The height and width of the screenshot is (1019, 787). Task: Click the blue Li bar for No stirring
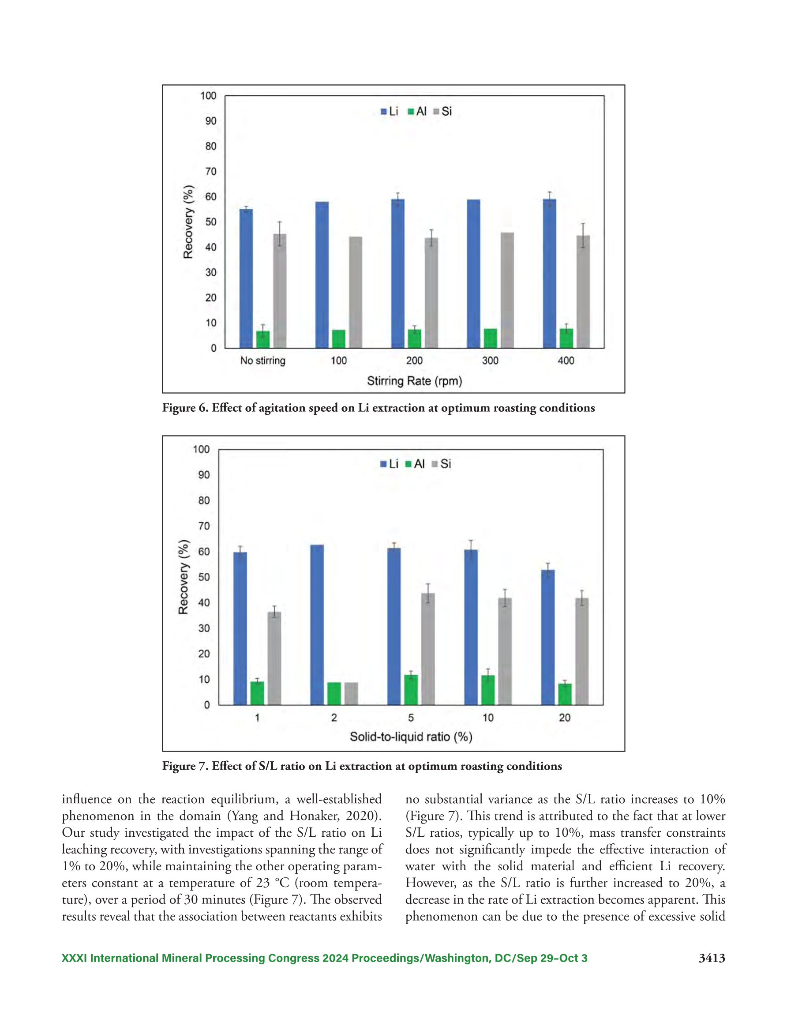(246, 278)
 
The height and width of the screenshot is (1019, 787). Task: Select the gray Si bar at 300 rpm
(507, 290)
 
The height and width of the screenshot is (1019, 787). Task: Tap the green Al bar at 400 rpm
(566, 338)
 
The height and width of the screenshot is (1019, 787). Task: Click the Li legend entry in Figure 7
(389, 464)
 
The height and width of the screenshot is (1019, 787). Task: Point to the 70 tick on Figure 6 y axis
(211, 171)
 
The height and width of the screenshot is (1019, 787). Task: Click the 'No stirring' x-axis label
(262, 361)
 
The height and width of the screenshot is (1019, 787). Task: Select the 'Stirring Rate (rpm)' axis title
(414, 381)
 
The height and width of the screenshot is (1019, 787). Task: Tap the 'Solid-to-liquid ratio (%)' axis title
(411, 737)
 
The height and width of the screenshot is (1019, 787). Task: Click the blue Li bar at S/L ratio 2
(317, 625)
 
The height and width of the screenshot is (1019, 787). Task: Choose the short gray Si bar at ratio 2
(351, 693)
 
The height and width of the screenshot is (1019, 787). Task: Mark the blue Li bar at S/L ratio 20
(548, 637)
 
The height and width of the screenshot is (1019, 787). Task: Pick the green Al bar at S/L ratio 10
(488, 690)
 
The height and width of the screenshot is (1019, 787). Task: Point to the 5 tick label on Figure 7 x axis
(411, 718)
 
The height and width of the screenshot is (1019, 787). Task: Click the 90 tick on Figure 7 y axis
(204, 475)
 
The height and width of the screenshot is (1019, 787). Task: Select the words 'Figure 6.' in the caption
(185, 408)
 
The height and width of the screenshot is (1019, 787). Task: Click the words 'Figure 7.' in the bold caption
(185, 766)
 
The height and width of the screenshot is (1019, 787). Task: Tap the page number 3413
(712, 959)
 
